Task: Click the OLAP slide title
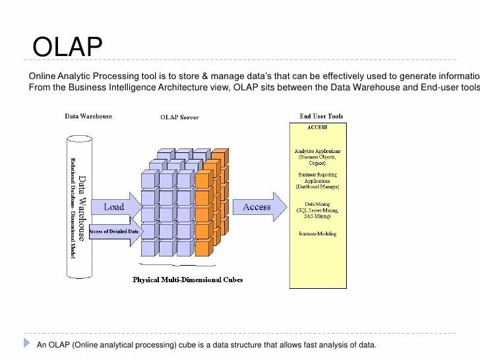(x=68, y=48)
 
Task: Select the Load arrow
(x=115, y=207)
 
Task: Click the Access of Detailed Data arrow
(x=114, y=232)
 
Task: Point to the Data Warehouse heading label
(x=88, y=117)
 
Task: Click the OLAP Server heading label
(x=179, y=117)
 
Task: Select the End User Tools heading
(x=321, y=117)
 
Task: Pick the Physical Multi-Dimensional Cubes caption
(x=188, y=280)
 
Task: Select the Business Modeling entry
(x=317, y=233)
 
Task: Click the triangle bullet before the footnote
(x=27, y=343)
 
